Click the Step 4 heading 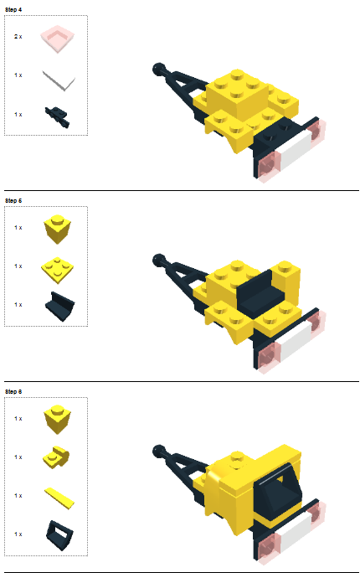click(13, 8)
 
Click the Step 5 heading click(13, 200)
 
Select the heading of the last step click(13, 391)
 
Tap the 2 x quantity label click(18, 37)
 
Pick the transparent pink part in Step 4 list click(57, 37)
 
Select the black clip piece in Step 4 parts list click(59, 117)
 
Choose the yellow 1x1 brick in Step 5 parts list click(57, 228)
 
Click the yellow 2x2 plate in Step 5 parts click(57, 267)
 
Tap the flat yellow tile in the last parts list click(59, 497)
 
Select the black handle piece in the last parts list click(59, 531)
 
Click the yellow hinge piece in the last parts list click(57, 457)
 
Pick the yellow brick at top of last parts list click(57, 418)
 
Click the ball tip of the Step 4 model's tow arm click(159, 67)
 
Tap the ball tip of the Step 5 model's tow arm click(159, 259)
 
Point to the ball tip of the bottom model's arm click(159, 451)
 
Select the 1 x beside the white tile click(18, 75)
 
